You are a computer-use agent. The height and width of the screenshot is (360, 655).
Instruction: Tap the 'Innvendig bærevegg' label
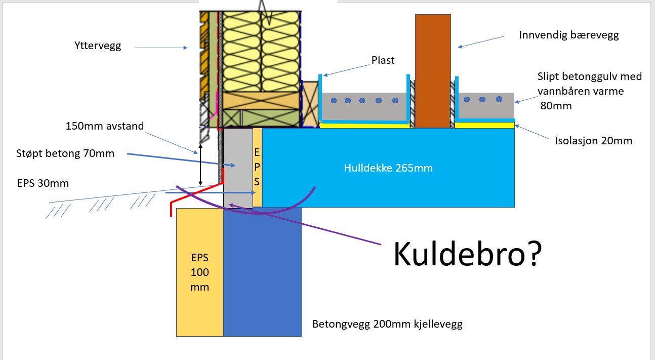click(x=569, y=35)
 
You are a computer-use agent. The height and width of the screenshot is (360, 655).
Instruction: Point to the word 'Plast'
click(x=383, y=60)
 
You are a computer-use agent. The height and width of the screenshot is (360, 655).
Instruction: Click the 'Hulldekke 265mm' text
click(x=388, y=168)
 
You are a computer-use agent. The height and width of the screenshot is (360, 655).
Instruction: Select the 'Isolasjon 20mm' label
click(x=593, y=141)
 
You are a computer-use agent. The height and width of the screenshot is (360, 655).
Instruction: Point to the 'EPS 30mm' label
click(x=43, y=183)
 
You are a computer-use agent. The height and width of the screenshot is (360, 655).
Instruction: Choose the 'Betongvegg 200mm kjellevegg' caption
click(x=387, y=324)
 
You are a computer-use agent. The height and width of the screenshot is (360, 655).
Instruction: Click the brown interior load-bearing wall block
click(x=433, y=71)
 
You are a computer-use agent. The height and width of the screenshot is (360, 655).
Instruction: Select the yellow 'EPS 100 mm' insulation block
click(x=199, y=272)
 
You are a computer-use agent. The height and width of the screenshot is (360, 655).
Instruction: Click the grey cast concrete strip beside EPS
click(x=238, y=167)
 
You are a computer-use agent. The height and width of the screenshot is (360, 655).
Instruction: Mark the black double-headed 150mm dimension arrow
click(x=200, y=164)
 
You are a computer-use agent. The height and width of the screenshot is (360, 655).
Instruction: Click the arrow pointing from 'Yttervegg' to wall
click(x=162, y=48)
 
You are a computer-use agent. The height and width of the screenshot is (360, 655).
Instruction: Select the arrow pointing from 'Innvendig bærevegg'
click(x=481, y=41)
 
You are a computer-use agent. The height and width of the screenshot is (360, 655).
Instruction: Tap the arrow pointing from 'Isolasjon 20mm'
click(x=534, y=133)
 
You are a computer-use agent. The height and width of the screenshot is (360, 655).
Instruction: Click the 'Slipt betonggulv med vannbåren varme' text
click(x=589, y=84)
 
